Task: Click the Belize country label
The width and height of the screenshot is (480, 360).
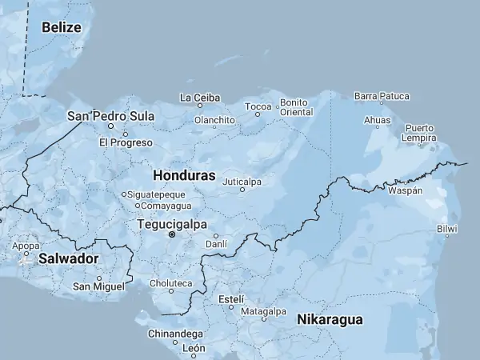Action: pos(62,27)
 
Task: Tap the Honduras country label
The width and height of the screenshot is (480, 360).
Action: pos(183,174)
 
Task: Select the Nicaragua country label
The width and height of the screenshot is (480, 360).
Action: pos(330,320)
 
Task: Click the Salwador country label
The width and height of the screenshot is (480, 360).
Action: pos(68,258)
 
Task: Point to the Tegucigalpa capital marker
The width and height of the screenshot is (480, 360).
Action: pos(171,234)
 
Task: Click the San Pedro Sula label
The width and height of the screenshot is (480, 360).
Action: pos(110,116)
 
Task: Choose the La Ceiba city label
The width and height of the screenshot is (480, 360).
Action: pos(200,98)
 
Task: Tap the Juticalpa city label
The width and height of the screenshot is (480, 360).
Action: pos(242,182)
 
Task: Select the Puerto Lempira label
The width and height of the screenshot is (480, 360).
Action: pos(420,133)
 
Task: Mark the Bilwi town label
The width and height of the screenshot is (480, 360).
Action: pos(447,230)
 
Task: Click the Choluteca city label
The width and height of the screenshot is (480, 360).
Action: pos(170,283)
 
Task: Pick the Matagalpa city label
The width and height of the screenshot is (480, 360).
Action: pos(263,311)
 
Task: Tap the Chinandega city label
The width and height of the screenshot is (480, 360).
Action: pos(175,333)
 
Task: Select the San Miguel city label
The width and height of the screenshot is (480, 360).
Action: pos(98,286)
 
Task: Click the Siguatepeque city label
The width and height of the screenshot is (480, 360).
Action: pos(157,194)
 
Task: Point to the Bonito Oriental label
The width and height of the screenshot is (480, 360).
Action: pos(296,108)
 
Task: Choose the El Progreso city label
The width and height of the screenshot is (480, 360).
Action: pos(126,142)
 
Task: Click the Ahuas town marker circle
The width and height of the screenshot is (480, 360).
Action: pos(377,126)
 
